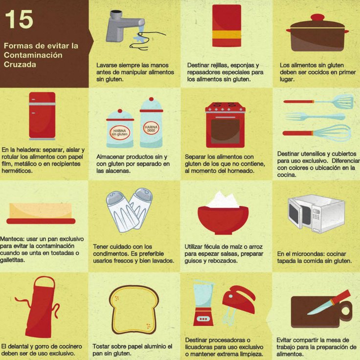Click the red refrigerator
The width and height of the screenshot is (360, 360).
point(42,115)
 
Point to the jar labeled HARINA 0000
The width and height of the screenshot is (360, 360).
point(151,124)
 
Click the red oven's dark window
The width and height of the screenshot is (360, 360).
point(225,131)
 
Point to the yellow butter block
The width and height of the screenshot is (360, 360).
point(41,211)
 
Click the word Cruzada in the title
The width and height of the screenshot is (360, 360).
point(20,65)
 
